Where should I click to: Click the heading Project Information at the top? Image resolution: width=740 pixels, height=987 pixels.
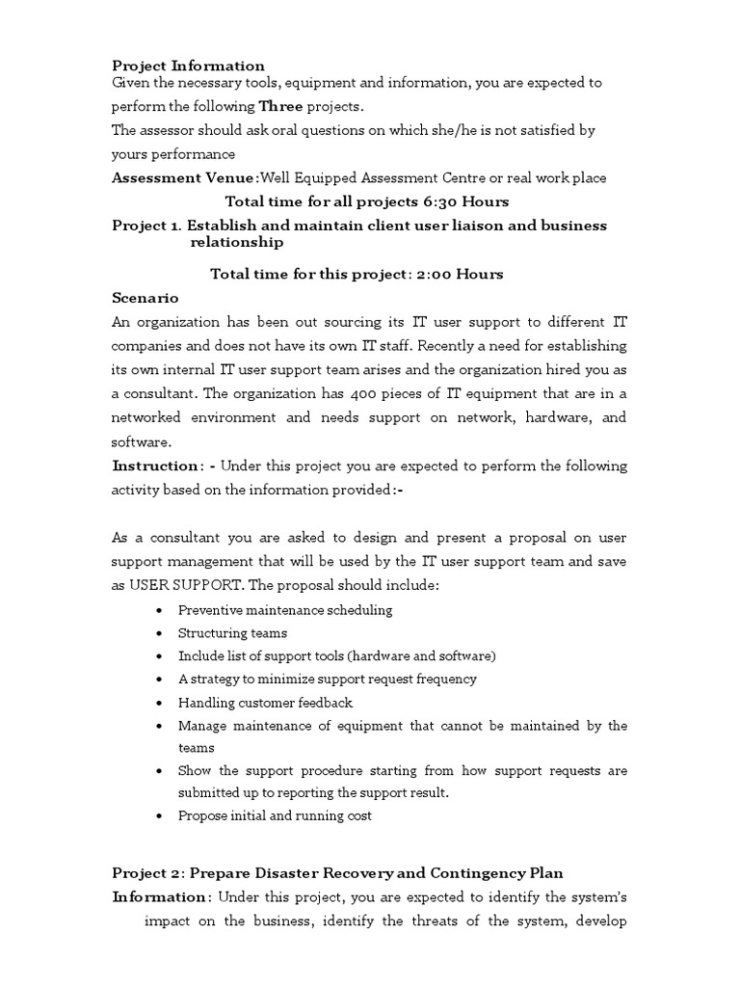point(188,66)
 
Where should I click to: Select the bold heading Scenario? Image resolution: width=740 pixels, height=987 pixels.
point(145,299)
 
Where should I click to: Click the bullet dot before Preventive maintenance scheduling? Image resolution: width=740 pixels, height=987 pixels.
point(158,610)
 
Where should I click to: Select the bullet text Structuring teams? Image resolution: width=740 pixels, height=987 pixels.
point(232,633)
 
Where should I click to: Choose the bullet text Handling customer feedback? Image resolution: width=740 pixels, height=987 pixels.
point(265,703)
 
